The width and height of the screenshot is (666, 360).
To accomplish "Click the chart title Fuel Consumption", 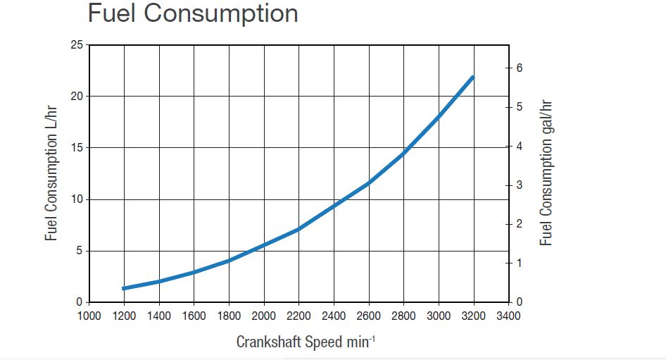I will pyautogui.click(x=192, y=14).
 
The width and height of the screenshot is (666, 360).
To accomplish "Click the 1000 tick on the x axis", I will pyautogui.click(x=89, y=316).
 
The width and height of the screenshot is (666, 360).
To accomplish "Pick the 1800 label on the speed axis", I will pyautogui.click(x=229, y=316).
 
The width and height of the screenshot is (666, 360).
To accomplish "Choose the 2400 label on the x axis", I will pyautogui.click(x=334, y=316).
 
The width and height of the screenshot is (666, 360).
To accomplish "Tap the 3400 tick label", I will pyautogui.click(x=508, y=316).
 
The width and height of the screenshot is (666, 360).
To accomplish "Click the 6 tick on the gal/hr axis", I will pyautogui.click(x=520, y=68).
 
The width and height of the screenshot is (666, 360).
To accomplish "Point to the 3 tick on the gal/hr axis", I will pyautogui.click(x=520, y=185).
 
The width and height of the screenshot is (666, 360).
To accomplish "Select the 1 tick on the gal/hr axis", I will pyautogui.click(x=520, y=263).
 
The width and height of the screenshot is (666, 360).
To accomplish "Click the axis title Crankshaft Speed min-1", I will pyautogui.click(x=306, y=342).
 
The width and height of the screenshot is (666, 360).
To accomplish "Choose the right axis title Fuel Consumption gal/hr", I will pyautogui.click(x=546, y=173).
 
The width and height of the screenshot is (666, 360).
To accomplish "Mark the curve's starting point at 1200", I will pyautogui.click(x=125, y=288).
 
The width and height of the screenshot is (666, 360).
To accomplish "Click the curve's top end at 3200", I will pyautogui.click(x=473, y=76).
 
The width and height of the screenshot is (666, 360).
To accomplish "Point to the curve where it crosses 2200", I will pyautogui.click(x=299, y=229).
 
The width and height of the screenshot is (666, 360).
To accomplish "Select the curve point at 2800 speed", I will pyautogui.click(x=403, y=152).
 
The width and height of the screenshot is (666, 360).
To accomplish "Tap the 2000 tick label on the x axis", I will pyautogui.click(x=264, y=316).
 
